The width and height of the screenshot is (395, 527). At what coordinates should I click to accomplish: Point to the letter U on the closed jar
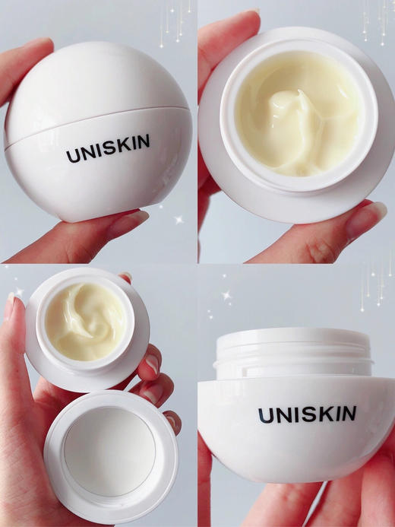(x=72, y=155)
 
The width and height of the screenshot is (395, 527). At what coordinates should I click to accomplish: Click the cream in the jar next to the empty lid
(x=86, y=319)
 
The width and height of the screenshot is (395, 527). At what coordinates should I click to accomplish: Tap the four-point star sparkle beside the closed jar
(x=179, y=220)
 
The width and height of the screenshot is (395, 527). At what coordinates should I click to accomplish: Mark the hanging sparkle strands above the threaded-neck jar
(x=376, y=285)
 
